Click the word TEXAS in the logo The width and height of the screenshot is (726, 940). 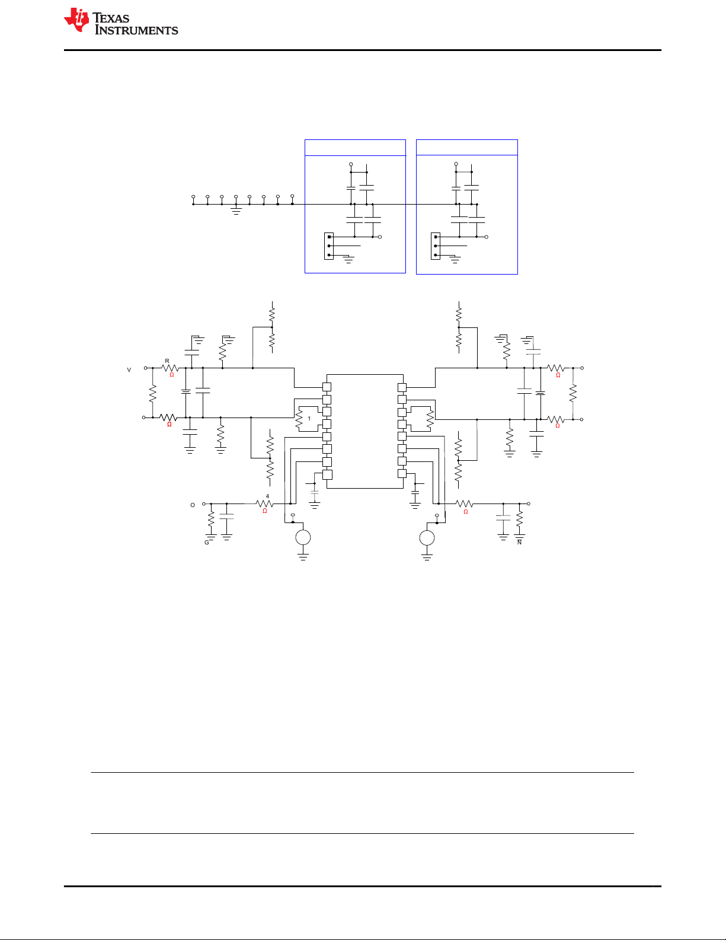[x=111, y=18]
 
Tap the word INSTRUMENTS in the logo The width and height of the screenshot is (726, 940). [x=136, y=30]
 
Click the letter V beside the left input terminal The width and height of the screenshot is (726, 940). [x=129, y=370]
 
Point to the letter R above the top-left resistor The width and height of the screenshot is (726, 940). [x=167, y=361]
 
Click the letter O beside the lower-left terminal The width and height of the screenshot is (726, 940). [x=193, y=505]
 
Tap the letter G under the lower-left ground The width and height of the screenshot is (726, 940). [x=207, y=543]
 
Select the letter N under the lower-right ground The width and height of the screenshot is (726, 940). [x=520, y=543]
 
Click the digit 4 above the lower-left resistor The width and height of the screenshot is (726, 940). [x=267, y=496]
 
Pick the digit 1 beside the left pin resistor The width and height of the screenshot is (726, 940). [x=309, y=419]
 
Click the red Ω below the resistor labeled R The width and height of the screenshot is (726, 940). [x=172, y=375]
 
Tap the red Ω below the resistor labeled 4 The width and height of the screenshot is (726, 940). [x=265, y=511]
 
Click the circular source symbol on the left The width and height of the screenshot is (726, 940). [x=303, y=538]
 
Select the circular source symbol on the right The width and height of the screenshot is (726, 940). [x=427, y=538]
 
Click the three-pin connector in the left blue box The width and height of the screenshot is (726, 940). [x=329, y=246]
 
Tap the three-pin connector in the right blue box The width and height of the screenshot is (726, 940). [x=436, y=246]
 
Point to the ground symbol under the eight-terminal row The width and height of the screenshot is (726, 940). [x=236, y=211]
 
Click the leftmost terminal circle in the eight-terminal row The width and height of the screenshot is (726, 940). [x=193, y=196]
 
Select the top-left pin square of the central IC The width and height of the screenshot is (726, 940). [x=327, y=387]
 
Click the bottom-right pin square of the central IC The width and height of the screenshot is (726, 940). [x=402, y=473]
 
